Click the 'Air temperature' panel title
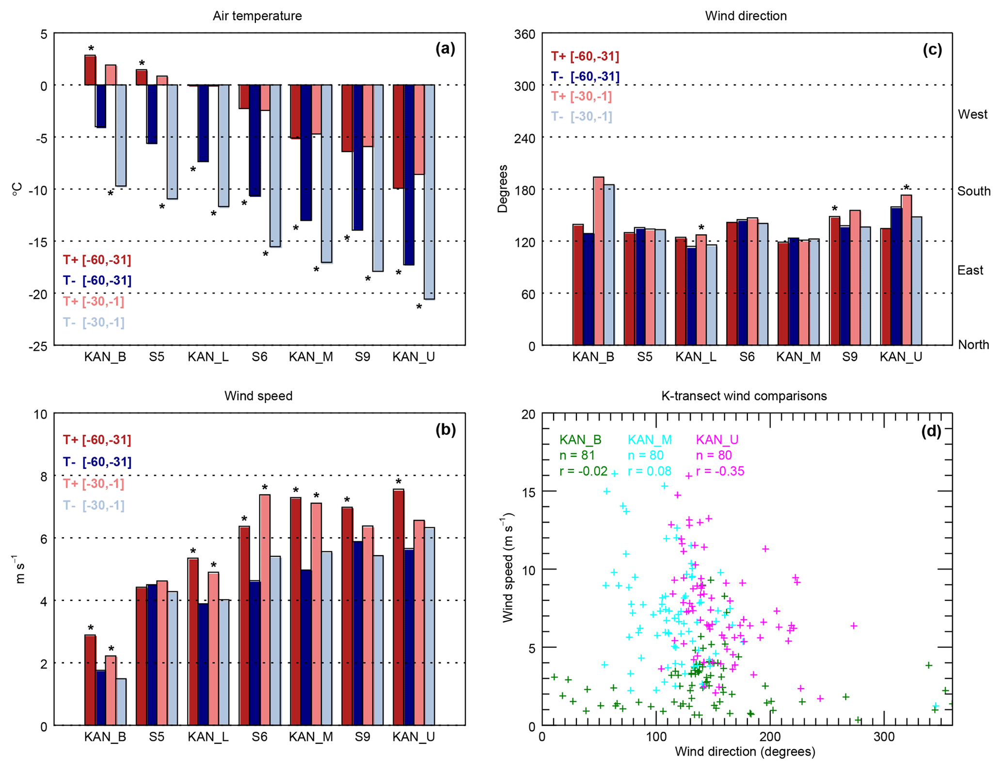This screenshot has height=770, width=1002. (x=257, y=16)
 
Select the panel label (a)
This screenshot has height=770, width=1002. (x=445, y=48)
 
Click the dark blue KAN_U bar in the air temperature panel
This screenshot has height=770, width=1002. (x=409, y=175)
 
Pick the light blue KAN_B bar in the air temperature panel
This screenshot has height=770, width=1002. (x=121, y=135)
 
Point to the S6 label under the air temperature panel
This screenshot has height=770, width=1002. (x=259, y=357)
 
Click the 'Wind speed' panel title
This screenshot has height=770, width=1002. (x=258, y=396)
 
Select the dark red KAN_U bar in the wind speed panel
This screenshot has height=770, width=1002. (x=398, y=607)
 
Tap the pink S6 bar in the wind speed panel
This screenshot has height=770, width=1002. (x=265, y=610)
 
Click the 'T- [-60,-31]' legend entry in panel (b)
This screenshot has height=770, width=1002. (x=97, y=462)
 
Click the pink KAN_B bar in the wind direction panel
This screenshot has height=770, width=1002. (x=598, y=261)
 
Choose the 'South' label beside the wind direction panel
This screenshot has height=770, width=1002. (x=973, y=191)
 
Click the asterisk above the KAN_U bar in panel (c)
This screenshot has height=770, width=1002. (x=907, y=188)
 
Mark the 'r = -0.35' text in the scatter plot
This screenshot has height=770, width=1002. (x=720, y=471)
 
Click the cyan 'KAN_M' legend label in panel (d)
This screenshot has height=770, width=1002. (x=650, y=440)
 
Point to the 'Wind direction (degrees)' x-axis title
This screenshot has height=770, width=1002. (x=745, y=752)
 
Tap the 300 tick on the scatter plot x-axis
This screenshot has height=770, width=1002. (x=884, y=738)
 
